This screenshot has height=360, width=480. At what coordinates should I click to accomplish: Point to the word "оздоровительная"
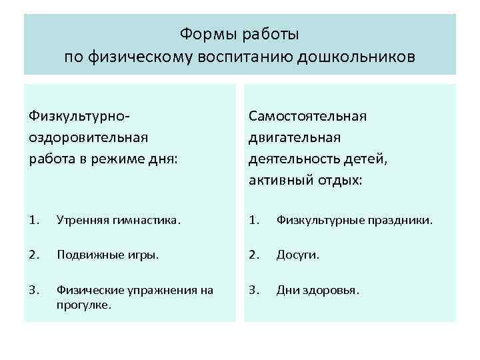point(88,137)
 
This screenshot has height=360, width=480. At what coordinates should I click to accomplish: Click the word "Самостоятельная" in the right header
point(307,116)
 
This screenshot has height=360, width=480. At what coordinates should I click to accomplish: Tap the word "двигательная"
point(295,137)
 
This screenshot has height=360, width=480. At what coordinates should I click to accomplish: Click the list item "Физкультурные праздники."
point(355,218)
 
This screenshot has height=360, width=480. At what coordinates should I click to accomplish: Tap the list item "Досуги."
point(298,253)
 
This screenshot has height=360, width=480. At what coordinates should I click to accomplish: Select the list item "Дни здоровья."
point(318,290)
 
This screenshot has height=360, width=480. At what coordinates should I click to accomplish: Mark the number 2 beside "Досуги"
point(253,253)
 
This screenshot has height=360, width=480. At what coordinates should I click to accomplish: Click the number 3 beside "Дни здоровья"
point(253,290)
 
